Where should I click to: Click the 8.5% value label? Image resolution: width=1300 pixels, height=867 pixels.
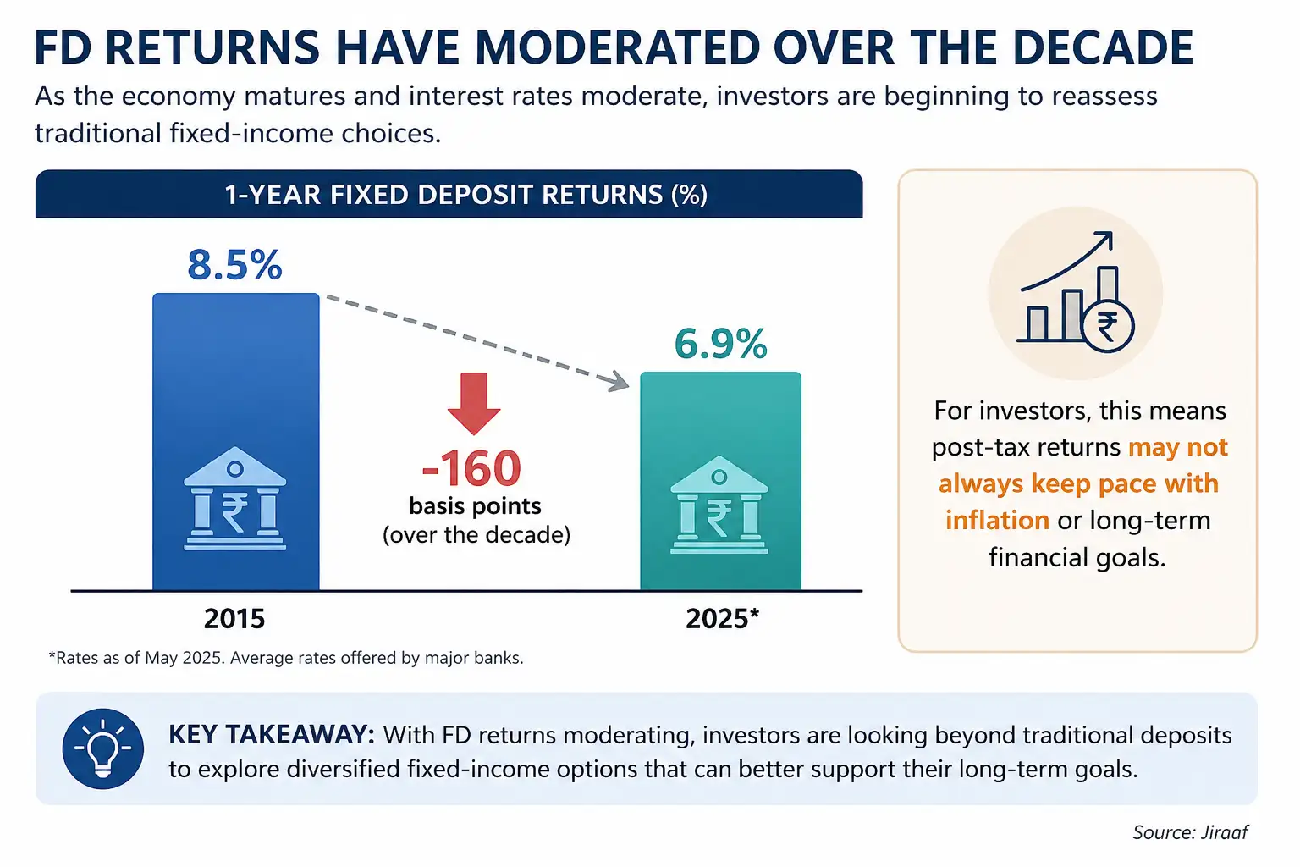[234, 265]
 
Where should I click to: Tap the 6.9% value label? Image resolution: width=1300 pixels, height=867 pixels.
[721, 344]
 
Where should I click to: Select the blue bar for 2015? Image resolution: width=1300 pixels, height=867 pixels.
[235, 442]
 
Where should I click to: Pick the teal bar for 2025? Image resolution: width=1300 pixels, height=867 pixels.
[721, 482]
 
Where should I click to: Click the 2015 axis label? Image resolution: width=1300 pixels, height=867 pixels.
[234, 619]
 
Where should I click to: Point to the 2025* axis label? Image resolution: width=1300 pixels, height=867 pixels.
[723, 618]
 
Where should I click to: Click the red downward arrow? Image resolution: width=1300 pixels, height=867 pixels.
[474, 404]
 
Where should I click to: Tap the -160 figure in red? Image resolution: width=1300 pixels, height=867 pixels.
[471, 468]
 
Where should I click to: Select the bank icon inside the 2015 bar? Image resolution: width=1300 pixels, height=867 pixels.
[235, 498]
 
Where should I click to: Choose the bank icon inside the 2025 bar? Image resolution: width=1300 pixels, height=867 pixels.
[719, 505]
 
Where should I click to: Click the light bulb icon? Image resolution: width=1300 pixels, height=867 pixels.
[103, 748]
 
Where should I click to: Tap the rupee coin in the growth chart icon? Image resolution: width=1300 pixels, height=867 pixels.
[1108, 327]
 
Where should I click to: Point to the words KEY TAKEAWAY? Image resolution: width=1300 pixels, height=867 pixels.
[272, 735]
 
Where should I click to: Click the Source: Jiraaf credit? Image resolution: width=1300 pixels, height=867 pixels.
[1190, 833]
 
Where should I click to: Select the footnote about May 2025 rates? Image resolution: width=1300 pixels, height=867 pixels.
[286, 658]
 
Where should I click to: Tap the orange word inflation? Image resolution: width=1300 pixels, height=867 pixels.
[997, 520]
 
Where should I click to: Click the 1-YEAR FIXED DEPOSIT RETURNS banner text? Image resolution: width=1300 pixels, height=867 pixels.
[466, 195]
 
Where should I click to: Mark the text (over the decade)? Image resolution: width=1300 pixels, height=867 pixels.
[476, 535]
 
